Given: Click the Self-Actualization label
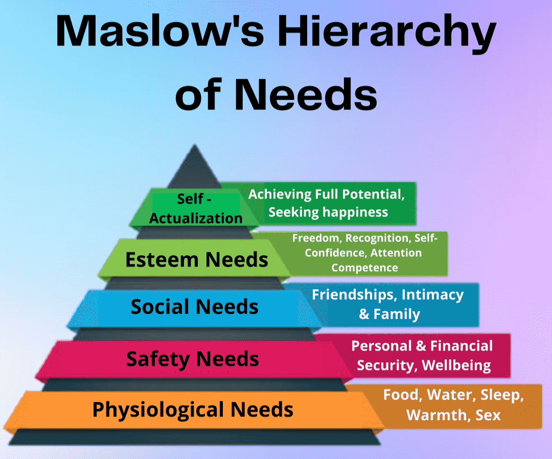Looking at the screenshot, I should coord(196,208).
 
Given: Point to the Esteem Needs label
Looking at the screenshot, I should coord(197,260).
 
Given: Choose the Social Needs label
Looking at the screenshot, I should coord(194,307).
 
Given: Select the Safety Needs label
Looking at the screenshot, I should coord(193,359).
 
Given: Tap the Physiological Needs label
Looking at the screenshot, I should coord(193,409).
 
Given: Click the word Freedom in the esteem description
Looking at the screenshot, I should coord(316,238).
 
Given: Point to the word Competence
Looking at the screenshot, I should coord(364,268).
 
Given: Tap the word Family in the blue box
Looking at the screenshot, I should coord(397,314).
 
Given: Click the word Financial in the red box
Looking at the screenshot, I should coord(462,346).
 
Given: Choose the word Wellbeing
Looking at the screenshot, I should coord(456,365).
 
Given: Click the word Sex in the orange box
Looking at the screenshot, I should coord(488,414).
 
